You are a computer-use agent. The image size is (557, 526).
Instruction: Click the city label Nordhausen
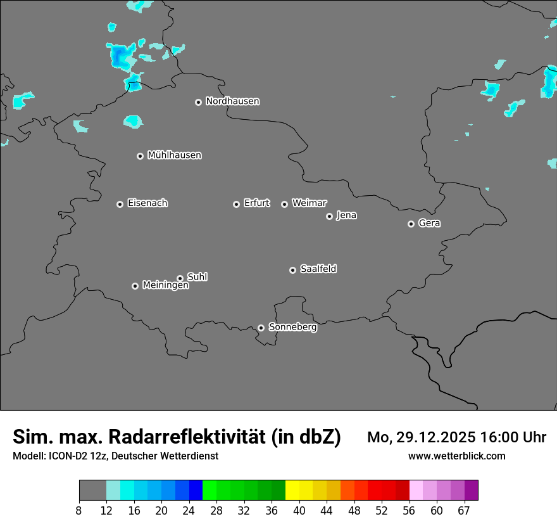tap(232, 101)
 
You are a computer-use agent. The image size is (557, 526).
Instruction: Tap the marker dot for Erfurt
tap(236, 204)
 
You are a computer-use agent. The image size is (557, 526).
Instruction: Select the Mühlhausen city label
tap(174, 155)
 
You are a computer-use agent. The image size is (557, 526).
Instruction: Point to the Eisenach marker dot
tap(120, 204)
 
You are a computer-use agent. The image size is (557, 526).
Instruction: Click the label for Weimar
tap(309, 203)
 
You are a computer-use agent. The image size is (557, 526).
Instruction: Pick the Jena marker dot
tap(329, 216)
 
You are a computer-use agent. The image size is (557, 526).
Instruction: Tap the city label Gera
tap(429, 223)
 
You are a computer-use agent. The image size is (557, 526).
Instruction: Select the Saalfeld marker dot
tap(292, 270)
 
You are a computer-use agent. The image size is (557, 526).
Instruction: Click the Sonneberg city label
tap(292, 327)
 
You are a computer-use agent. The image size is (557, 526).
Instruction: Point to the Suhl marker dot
tap(180, 278)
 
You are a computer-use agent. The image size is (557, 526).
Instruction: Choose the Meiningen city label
tap(165, 285)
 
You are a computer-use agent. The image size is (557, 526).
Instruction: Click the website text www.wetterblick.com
tap(456, 456)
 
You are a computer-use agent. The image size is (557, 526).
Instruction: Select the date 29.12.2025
tap(434, 437)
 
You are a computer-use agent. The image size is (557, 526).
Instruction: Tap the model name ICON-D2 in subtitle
tap(65, 456)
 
